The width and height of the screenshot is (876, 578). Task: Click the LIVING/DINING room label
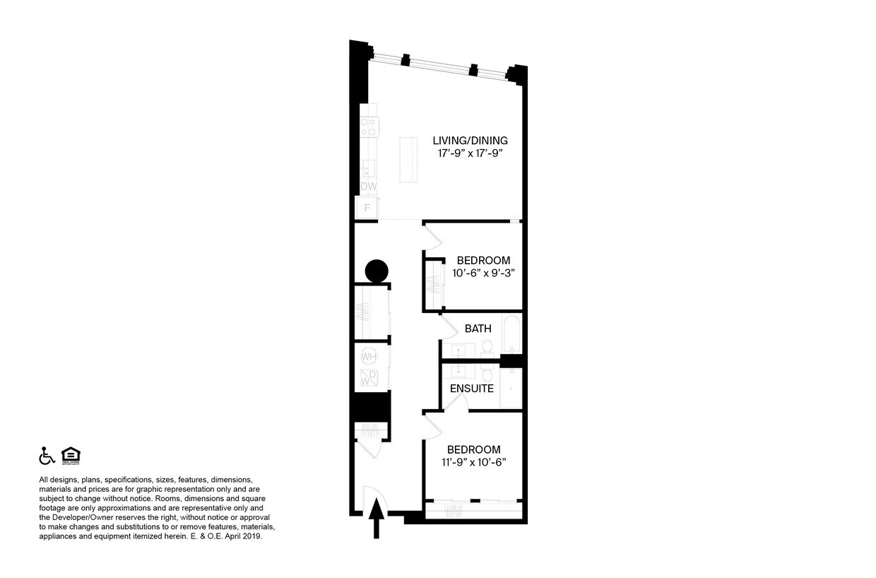pyautogui.click(x=470, y=140)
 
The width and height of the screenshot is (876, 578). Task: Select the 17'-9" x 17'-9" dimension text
pyautogui.click(x=470, y=153)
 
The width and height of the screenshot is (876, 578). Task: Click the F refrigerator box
pyautogui.click(x=367, y=208)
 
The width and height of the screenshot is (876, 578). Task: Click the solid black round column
pyautogui.click(x=377, y=271)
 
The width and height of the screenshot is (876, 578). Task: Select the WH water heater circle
pyautogui.click(x=368, y=357)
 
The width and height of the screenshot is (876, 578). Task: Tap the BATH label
pyautogui.click(x=478, y=329)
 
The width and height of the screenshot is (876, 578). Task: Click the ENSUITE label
pyautogui.click(x=471, y=389)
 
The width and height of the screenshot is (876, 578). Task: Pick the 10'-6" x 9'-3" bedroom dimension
pyautogui.click(x=483, y=273)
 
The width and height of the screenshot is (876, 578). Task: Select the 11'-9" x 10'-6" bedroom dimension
pyautogui.click(x=473, y=463)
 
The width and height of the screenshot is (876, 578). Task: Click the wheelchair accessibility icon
pyautogui.click(x=47, y=456)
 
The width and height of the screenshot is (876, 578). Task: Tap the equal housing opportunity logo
pyautogui.click(x=71, y=456)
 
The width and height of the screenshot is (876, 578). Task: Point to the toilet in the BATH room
pyautogui.click(x=487, y=347)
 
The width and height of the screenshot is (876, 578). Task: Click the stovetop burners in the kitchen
pyautogui.click(x=368, y=126)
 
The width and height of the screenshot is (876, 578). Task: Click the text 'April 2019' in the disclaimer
pyautogui.click(x=244, y=536)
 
